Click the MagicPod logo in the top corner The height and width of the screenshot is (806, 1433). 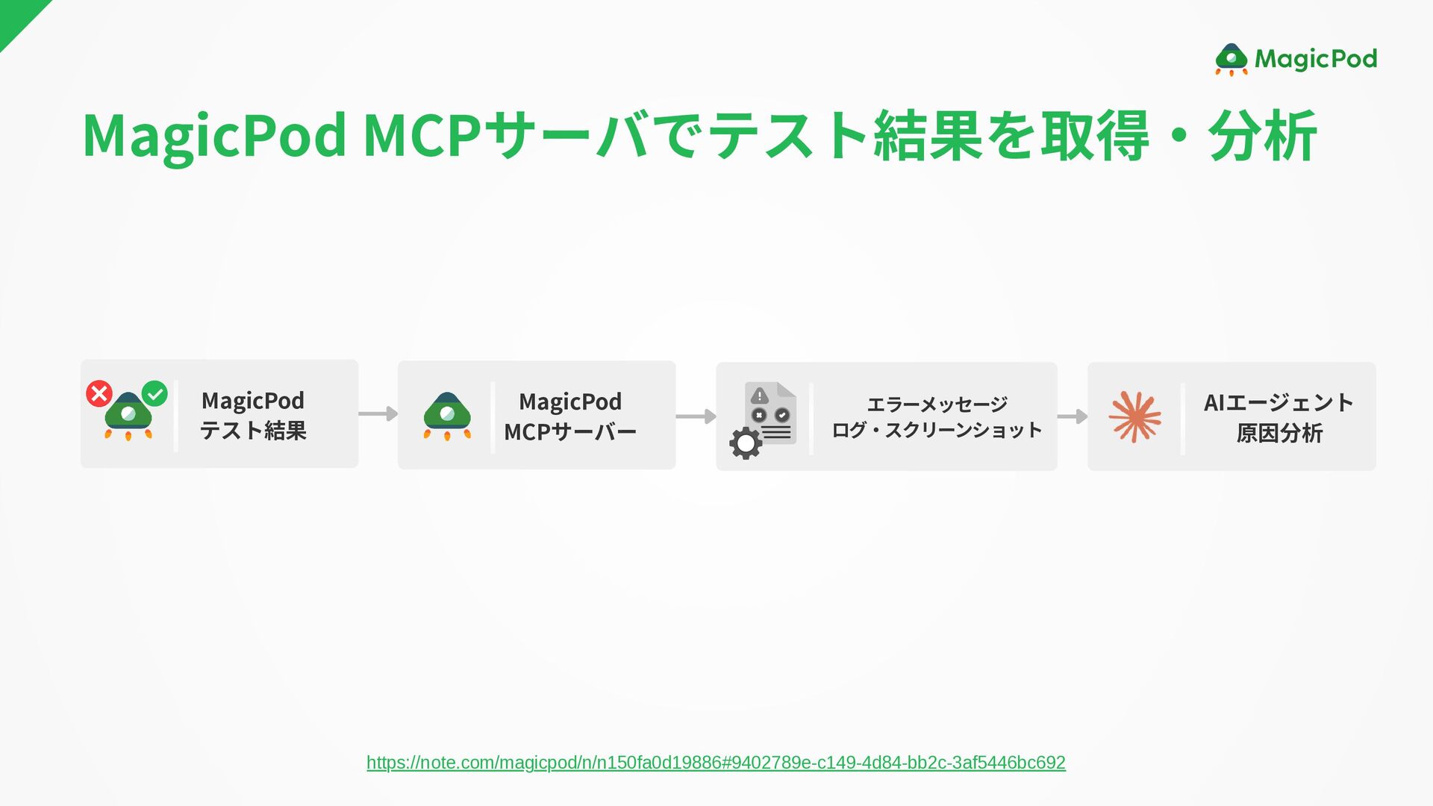click(1296, 59)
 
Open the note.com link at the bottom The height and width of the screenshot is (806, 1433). click(716, 762)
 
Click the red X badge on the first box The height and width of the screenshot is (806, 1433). click(99, 393)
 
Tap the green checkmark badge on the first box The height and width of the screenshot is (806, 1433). click(154, 393)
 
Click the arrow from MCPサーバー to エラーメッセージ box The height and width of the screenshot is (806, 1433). click(696, 416)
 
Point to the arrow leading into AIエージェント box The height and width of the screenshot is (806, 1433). click(1073, 416)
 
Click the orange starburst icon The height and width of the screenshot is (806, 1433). click(1134, 416)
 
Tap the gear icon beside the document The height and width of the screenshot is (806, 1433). click(746, 443)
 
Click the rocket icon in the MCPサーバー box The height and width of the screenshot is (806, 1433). click(447, 416)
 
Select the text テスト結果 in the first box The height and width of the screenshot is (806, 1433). click(253, 431)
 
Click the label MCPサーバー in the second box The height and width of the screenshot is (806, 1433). click(570, 432)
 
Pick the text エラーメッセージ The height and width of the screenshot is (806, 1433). click(937, 404)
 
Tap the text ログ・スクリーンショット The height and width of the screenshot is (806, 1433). click(937, 431)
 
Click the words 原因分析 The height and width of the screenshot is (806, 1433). click(1279, 433)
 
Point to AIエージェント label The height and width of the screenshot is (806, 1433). click(1279, 403)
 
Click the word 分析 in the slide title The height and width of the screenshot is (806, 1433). click(1263, 136)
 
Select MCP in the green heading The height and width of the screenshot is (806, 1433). click(422, 136)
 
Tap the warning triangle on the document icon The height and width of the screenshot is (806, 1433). click(759, 396)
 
